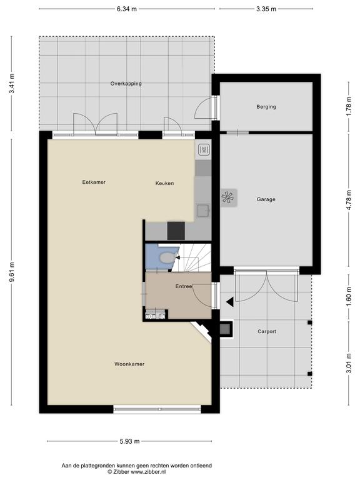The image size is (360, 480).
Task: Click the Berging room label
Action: click(x=266, y=107)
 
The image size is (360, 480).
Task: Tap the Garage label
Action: click(x=266, y=199)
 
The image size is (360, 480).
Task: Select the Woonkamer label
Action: click(x=129, y=364)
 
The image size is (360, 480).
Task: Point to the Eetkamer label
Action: click(x=94, y=182)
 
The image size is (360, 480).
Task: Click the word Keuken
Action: click(x=165, y=183)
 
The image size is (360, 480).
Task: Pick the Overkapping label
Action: click(x=126, y=84)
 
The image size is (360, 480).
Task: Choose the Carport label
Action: click(x=267, y=331)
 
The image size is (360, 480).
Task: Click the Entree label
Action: click(x=184, y=286)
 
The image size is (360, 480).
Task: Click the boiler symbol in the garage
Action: click(x=229, y=197)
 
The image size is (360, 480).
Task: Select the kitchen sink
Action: click(x=203, y=211)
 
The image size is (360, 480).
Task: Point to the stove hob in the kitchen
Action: click(x=204, y=150)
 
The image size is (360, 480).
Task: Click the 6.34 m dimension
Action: click(x=127, y=9)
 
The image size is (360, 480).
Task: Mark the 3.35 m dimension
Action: click(x=266, y=9)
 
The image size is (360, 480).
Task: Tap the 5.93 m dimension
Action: click(x=129, y=441)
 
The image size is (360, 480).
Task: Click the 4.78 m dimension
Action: click(x=349, y=200)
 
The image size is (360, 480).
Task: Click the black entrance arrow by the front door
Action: click(x=230, y=302)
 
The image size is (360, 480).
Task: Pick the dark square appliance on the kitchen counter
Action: click(x=176, y=231)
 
